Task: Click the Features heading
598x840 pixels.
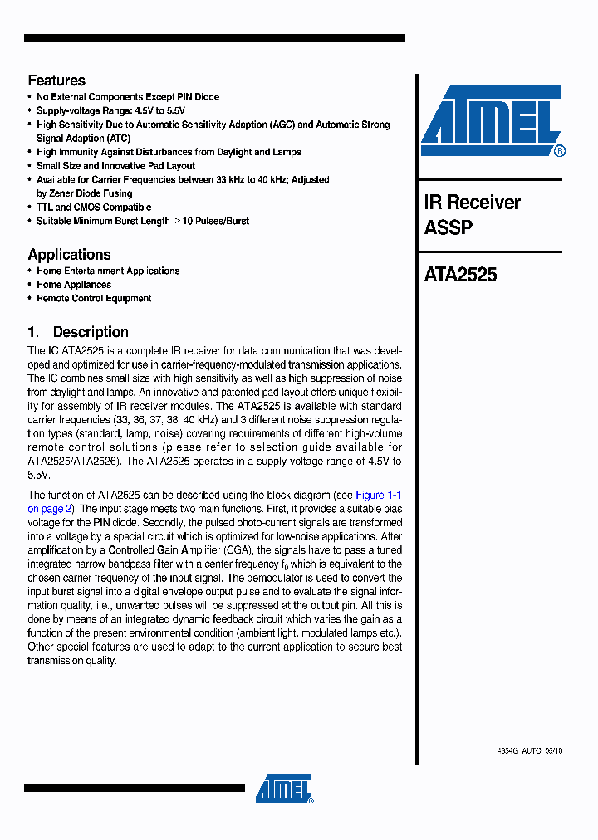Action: [x=56, y=81]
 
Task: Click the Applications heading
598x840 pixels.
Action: [x=69, y=255]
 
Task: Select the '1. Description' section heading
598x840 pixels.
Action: [x=78, y=332]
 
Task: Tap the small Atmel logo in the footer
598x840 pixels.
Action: [x=284, y=789]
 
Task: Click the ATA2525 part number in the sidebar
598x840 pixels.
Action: [x=460, y=275]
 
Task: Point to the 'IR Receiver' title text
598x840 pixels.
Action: [x=472, y=203]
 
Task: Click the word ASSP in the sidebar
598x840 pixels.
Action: [x=448, y=227]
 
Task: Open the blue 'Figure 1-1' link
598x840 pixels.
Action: [x=379, y=495]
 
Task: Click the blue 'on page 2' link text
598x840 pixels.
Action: [x=51, y=509]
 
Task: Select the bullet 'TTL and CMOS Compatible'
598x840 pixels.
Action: [x=94, y=208]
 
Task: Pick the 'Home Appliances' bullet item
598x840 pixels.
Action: [x=74, y=285]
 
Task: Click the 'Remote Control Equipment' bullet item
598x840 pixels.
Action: [x=94, y=299]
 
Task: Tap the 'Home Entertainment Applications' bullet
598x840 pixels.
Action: [x=108, y=271]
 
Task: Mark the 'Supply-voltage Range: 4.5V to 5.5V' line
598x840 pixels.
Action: [x=110, y=110]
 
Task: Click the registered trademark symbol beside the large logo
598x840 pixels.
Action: [x=560, y=151]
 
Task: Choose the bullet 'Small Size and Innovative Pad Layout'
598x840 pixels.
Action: [x=115, y=166]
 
